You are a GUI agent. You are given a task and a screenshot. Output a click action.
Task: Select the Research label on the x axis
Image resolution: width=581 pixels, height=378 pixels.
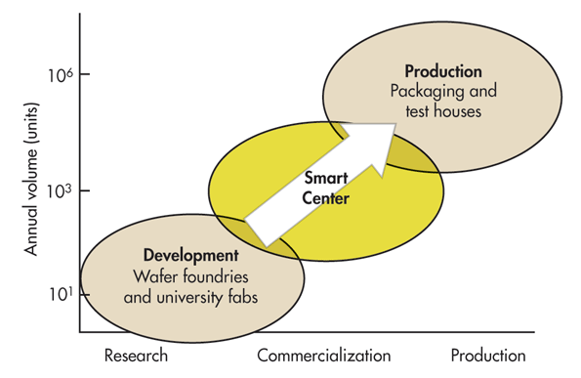tap(136, 356)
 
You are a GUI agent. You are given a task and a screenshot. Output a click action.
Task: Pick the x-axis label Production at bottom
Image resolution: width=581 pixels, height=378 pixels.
tap(487, 356)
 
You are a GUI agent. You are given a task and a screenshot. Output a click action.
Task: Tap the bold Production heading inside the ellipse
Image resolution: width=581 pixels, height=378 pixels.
tap(443, 71)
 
